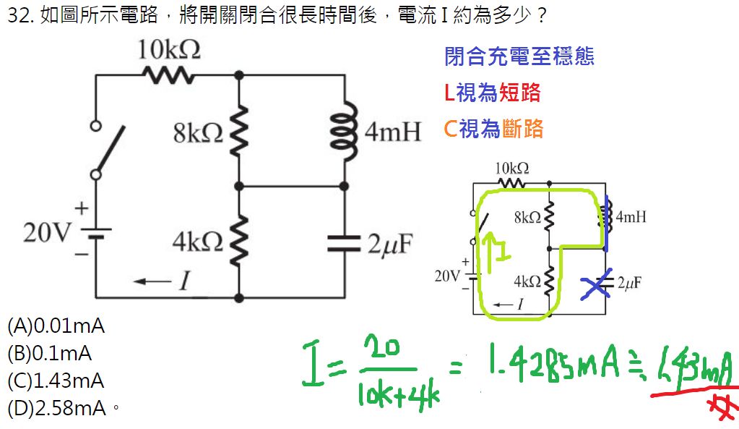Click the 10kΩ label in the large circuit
coord(169,50)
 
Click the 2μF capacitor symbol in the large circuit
coord(344,242)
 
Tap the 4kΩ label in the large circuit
coord(197,242)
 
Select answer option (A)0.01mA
coord(56,326)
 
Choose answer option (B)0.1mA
coord(51,354)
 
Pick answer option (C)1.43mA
coord(56,381)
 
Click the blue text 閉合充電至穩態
coord(519,56)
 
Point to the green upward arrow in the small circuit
coord(493,251)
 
